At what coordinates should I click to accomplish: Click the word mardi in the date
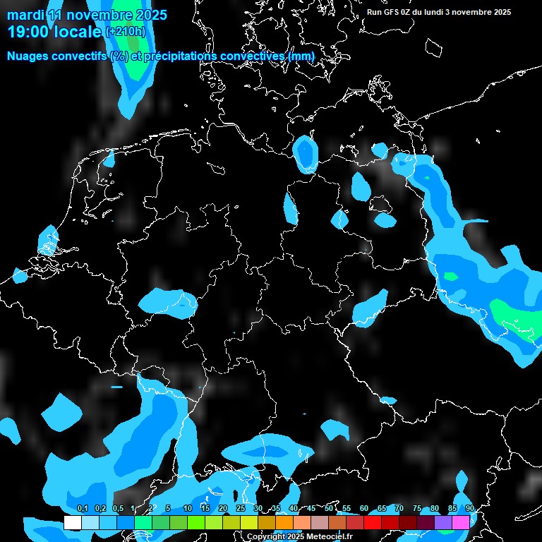coord(25,15)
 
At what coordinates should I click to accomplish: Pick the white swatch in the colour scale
coord(72,522)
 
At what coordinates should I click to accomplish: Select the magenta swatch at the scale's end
coord(461,522)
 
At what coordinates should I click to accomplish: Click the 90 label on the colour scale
coord(470,508)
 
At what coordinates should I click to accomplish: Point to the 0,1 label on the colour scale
coord(83,508)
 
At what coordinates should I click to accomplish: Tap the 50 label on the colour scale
coord(329,508)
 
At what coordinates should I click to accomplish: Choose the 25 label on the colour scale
coord(241,508)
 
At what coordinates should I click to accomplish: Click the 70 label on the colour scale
coord(399,508)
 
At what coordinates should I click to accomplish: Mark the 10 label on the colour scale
coord(188,508)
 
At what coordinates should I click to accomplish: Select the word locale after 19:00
coord(78,32)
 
